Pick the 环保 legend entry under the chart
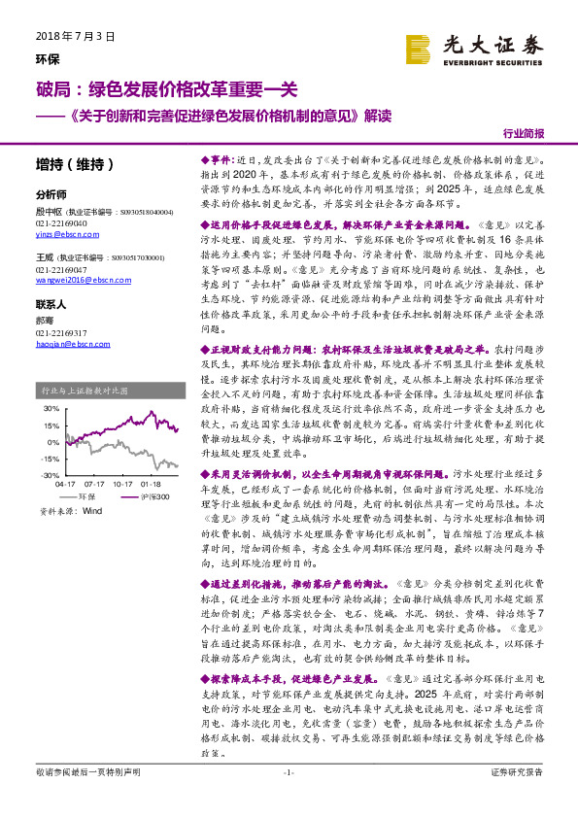[92, 495]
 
